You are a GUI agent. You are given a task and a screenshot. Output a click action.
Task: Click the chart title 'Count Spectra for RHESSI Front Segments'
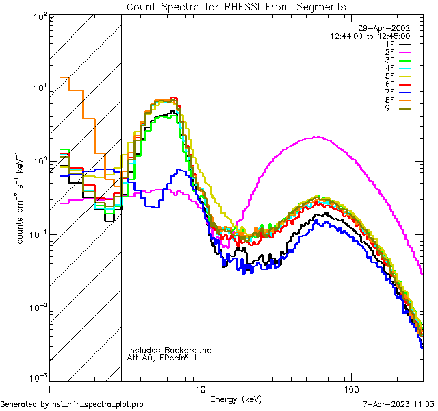pos(236,7)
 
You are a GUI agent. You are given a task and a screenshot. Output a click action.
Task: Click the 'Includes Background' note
pos(170,350)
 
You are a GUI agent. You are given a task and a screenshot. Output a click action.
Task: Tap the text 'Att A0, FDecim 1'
pos(162,358)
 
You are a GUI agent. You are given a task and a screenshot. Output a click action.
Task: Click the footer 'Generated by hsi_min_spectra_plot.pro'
pos(72,405)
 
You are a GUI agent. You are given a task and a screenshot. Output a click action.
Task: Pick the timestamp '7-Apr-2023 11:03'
pos(396,405)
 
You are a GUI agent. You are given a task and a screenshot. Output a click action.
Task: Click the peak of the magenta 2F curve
pos(315,137)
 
